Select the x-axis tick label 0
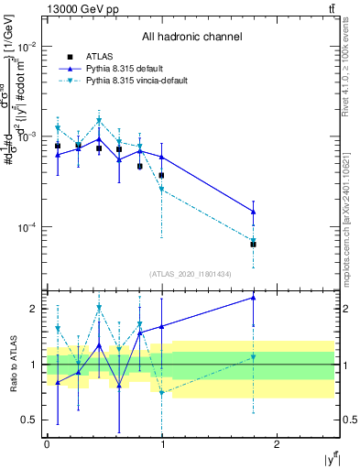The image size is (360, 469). [47, 444]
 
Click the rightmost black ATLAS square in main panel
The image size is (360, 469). [253, 244]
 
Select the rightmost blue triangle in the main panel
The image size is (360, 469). [253, 212]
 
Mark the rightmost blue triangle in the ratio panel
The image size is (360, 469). [253, 297]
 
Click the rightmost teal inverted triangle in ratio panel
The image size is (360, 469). [253, 357]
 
